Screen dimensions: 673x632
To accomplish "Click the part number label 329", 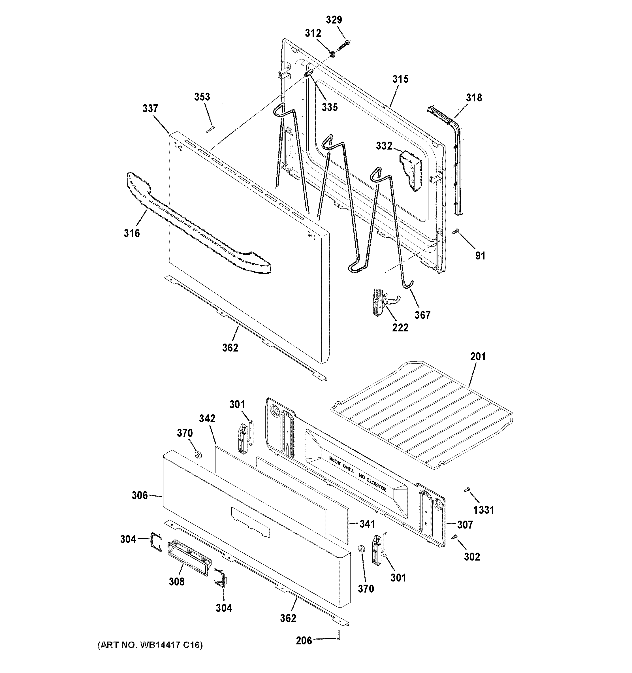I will click(334, 20).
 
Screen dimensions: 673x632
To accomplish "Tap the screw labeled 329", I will click(343, 45).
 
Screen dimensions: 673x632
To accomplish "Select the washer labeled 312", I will click(332, 54).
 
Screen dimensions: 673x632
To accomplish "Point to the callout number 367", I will click(422, 315).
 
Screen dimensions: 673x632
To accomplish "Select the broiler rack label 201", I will click(477, 357).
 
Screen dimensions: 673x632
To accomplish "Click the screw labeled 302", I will click(455, 536).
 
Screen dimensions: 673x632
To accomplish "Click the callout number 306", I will click(140, 496).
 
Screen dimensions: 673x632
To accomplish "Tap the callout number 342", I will click(207, 418).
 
